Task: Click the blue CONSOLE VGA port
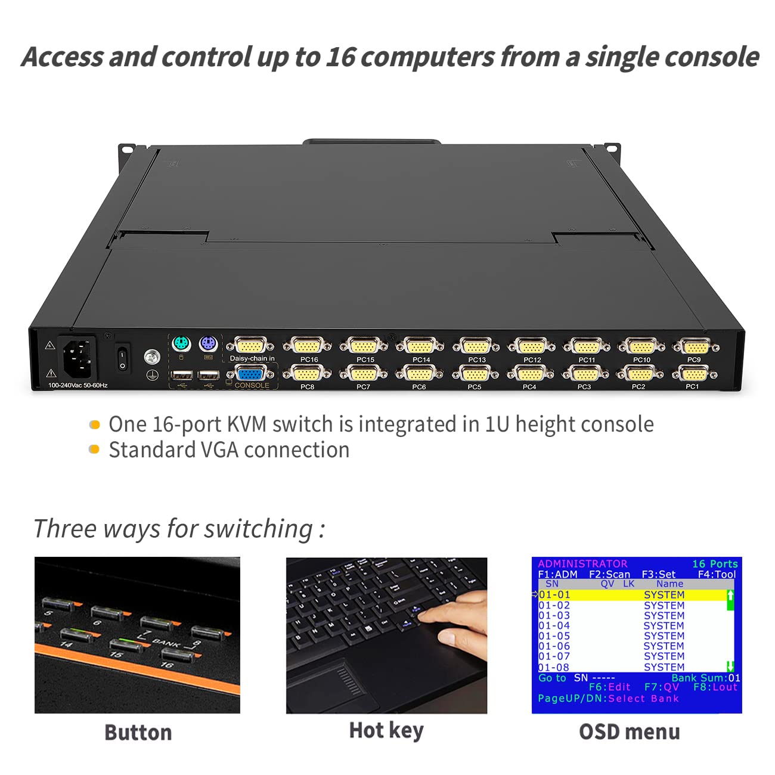click(251, 374)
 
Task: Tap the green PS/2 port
click(181, 344)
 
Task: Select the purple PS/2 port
click(207, 344)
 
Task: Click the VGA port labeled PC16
click(307, 346)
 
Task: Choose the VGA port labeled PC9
click(695, 346)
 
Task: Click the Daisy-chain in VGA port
click(251, 345)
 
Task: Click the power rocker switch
click(122, 358)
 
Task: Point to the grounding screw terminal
click(153, 357)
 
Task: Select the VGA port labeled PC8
click(306, 374)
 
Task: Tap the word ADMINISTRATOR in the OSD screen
click(582, 563)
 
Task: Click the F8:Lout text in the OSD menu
click(715, 687)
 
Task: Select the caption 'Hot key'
click(386, 730)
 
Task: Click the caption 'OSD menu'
click(630, 731)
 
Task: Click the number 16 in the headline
click(340, 57)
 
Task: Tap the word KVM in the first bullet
click(246, 424)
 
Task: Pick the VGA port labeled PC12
click(531, 346)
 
